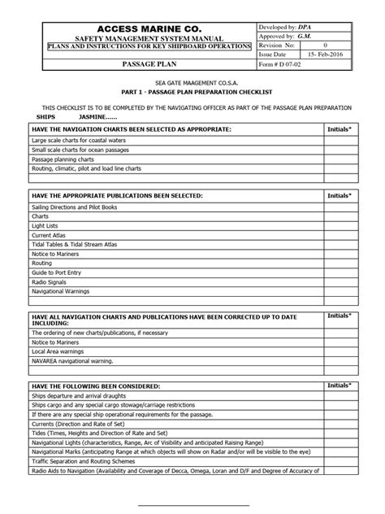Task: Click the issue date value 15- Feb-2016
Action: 334,50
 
